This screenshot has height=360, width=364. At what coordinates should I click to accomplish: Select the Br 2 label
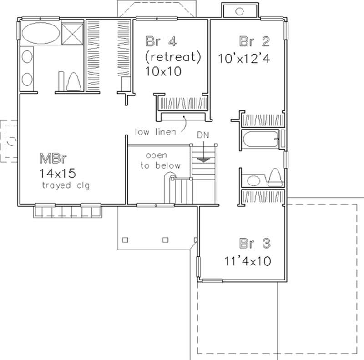255,41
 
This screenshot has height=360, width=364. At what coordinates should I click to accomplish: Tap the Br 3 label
255,244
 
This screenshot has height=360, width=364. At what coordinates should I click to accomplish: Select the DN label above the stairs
202,135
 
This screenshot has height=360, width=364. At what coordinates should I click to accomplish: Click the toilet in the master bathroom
73,82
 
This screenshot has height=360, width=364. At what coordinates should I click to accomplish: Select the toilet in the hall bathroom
274,177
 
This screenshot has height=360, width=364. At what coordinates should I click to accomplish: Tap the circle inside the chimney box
239,11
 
